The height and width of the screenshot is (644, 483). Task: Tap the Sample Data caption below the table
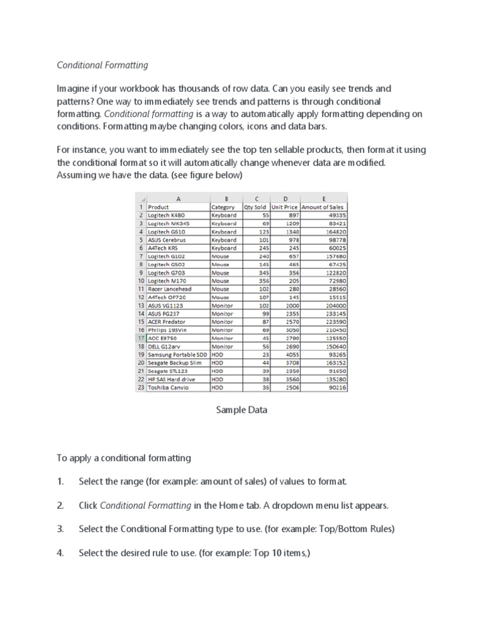click(241, 410)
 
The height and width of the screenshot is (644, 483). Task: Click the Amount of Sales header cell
click(323, 207)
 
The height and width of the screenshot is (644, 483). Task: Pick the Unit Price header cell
click(284, 207)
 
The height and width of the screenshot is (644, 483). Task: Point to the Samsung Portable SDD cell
click(178, 355)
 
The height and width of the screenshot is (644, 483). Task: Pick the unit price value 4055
click(291, 355)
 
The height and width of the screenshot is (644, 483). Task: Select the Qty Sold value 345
click(260, 273)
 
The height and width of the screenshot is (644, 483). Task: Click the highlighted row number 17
click(141, 338)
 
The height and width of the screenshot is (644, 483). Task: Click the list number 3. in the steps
click(60, 530)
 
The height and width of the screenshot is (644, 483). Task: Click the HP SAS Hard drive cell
click(171, 379)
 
